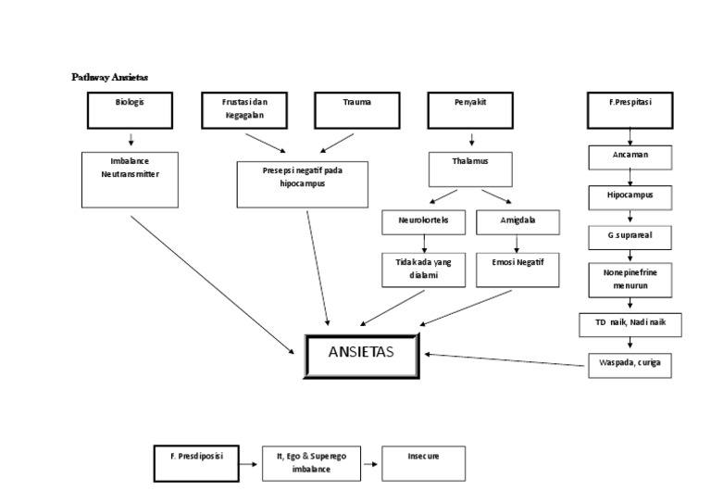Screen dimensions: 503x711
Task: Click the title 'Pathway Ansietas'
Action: click(x=110, y=77)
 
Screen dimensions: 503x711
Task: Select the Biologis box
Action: click(x=131, y=110)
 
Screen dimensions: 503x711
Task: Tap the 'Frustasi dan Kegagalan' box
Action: click(x=243, y=110)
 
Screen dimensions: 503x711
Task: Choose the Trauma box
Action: click(x=356, y=110)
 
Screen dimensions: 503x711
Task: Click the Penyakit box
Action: click(x=470, y=110)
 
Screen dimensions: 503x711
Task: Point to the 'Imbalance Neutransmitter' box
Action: click(x=131, y=180)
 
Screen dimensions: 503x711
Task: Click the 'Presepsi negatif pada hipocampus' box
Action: click(x=303, y=184)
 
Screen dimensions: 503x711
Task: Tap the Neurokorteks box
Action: click(x=424, y=222)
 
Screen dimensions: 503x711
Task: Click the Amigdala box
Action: click(x=517, y=222)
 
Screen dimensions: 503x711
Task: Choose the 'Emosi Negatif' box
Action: click(x=517, y=270)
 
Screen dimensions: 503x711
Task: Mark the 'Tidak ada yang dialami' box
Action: click(x=424, y=270)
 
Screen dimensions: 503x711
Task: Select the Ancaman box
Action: click(x=630, y=157)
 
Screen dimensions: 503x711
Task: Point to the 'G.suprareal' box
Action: click(x=630, y=237)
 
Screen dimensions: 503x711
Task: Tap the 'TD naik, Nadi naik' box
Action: click(x=630, y=324)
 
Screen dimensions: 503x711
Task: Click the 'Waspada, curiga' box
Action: click(x=630, y=365)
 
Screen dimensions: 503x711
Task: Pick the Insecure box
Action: click(x=423, y=462)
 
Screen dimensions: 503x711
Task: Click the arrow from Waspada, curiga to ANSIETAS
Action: click(x=505, y=358)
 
